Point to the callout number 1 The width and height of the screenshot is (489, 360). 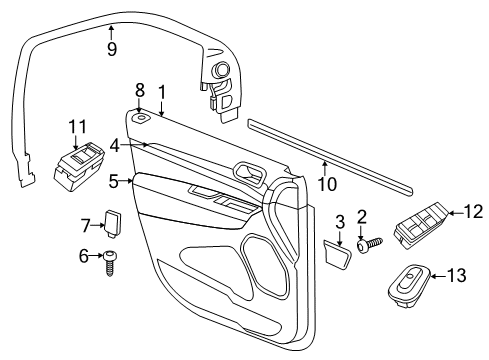pyautogui.click(x=161, y=93)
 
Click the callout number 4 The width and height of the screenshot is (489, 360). pyautogui.click(x=116, y=146)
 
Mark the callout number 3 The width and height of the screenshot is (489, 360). pyautogui.click(x=339, y=222)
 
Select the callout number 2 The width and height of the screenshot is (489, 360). pyautogui.click(x=362, y=216)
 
